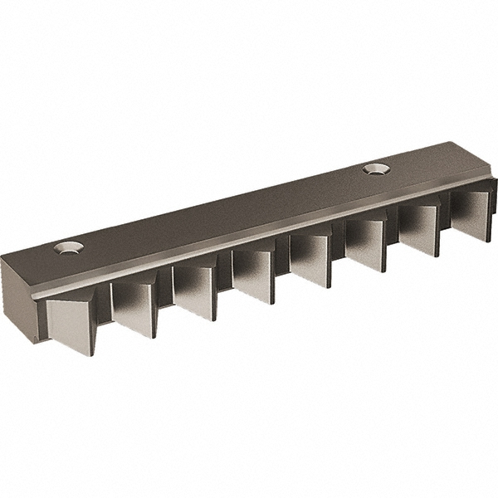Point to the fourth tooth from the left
tap(254, 276)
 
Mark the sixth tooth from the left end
tap(366, 245)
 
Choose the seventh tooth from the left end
tap(419, 230)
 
